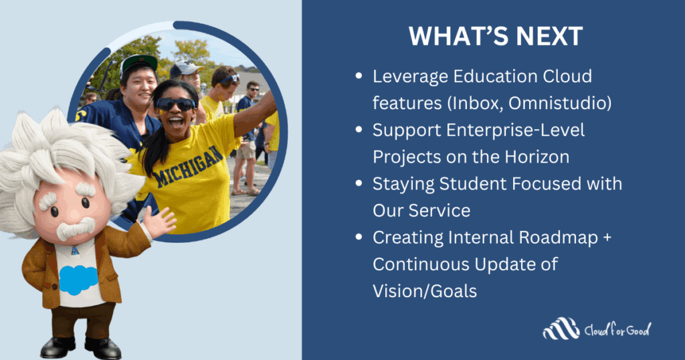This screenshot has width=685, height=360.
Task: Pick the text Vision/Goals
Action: pos(424,291)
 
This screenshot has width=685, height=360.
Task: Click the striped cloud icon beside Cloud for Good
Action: pos(561,329)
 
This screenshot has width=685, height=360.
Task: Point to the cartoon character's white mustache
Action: pos(74,230)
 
